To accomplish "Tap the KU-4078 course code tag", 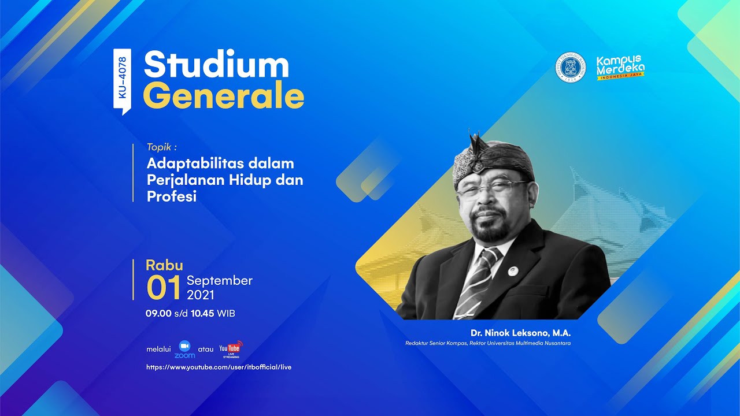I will pyautogui.click(x=122, y=81).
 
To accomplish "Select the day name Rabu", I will pyautogui.click(x=164, y=265).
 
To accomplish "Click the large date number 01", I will pyautogui.click(x=164, y=288).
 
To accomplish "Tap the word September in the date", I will pyautogui.click(x=220, y=281).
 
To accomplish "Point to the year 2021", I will pyautogui.click(x=201, y=295).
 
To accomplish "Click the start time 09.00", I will pyautogui.click(x=158, y=314).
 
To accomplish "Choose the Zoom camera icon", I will pyautogui.click(x=184, y=346).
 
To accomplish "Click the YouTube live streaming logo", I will pyautogui.click(x=230, y=349).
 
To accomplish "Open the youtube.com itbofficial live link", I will pyautogui.click(x=219, y=367).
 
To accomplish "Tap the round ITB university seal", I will pyautogui.click(x=570, y=67).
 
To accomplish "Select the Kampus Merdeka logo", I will pyautogui.click(x=620, y=68).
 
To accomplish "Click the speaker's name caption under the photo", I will pyautogui.click(x=521, y=333).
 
